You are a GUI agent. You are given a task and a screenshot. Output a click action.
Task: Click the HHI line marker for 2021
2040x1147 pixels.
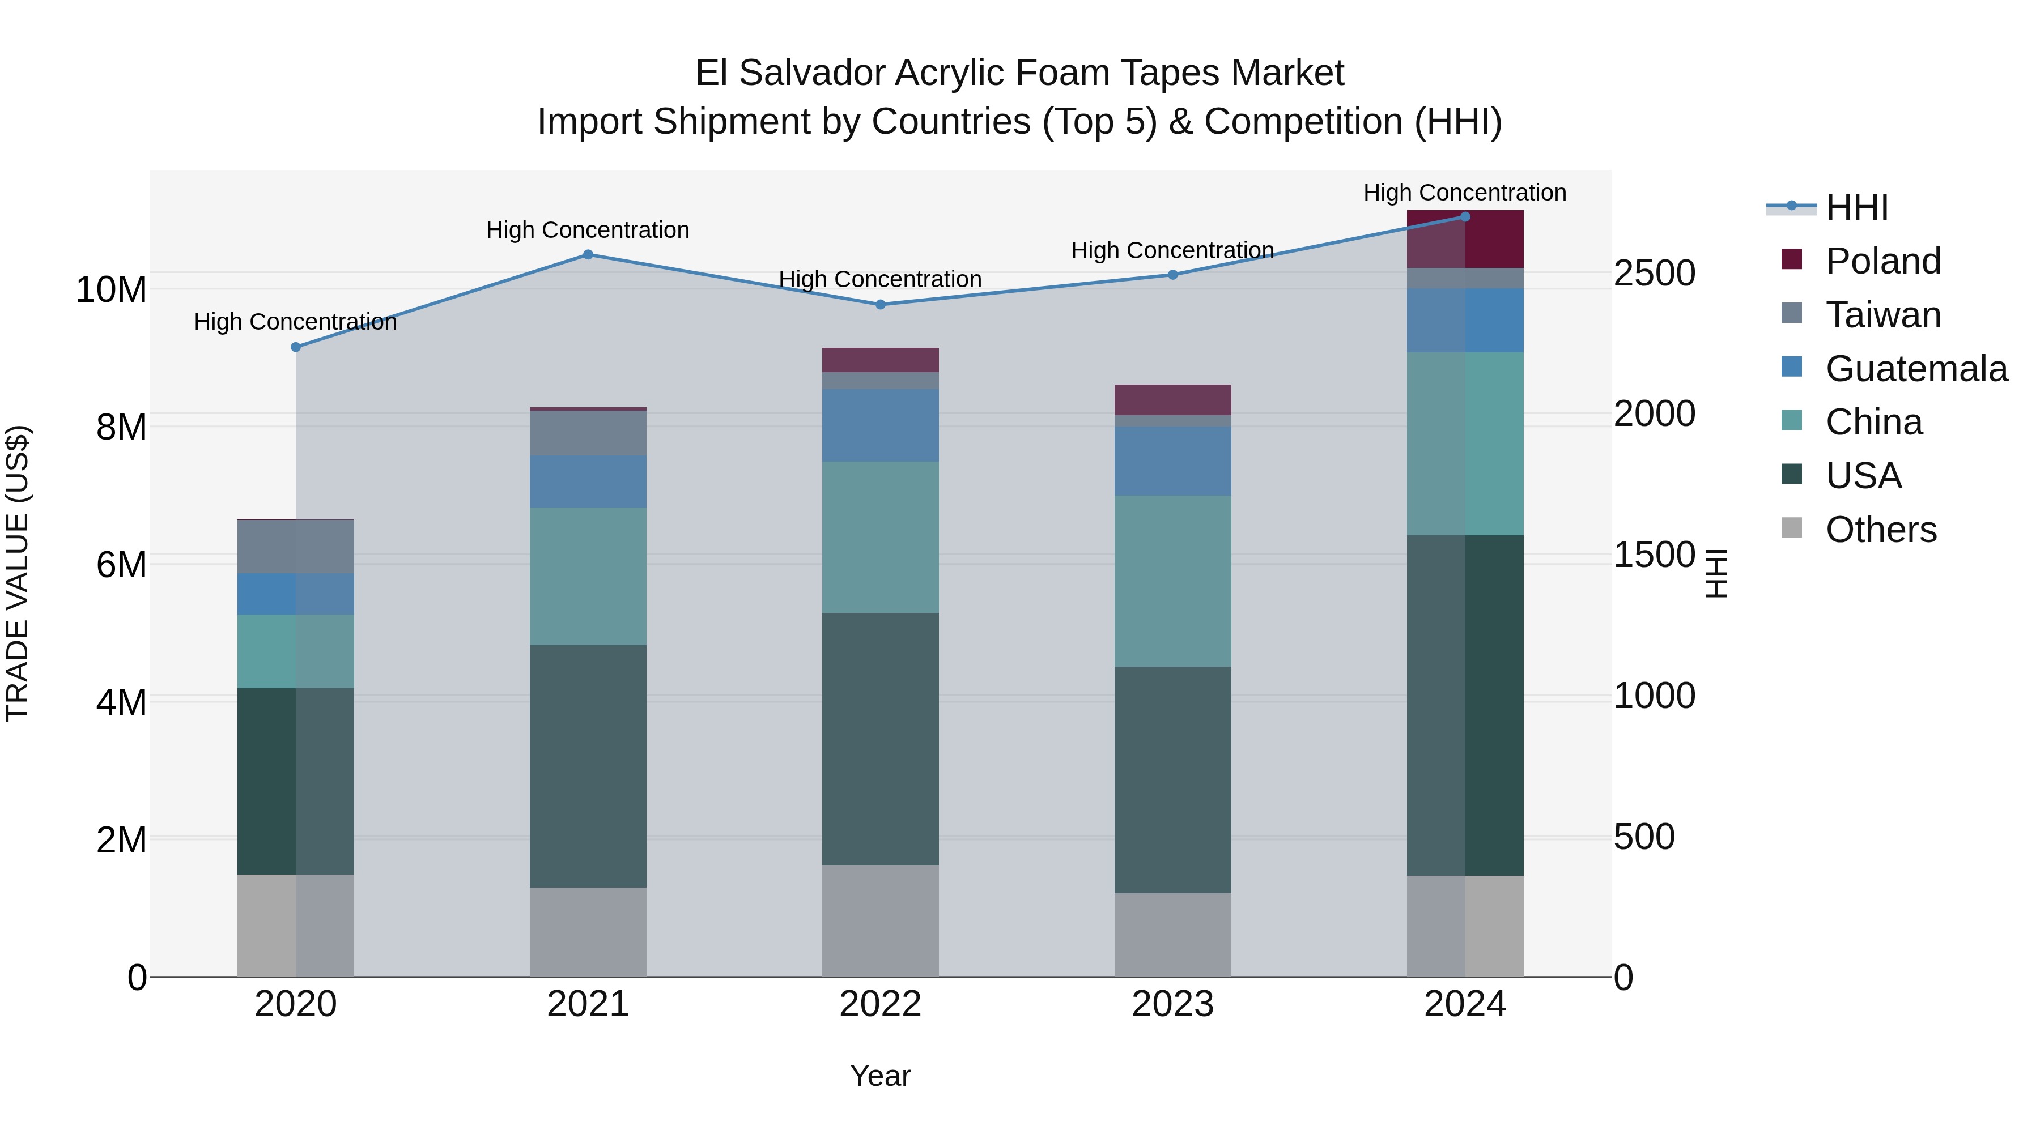[x=588, y=255]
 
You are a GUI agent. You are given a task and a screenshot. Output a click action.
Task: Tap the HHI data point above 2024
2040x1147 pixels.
[x=1464, y=217]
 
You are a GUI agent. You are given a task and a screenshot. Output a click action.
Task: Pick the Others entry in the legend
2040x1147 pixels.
[x=1880, y=530]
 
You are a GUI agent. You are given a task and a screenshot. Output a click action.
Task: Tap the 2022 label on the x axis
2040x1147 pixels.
[x=880, y=1004]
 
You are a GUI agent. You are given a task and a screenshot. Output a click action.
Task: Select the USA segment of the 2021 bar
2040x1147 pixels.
[x=588, y=766]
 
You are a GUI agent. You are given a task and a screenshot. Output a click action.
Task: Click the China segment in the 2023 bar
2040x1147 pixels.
[x=1172, y=581]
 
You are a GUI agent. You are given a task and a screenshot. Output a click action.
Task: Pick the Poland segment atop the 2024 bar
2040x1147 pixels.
[x=1464, y=240]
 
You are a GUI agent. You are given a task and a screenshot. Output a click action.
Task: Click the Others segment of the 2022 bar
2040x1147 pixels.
[x=880, y=920]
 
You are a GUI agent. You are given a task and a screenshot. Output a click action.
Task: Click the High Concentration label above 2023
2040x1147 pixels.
[x=1172, y=251]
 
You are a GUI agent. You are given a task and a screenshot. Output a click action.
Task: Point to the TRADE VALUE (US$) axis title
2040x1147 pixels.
[x=18, y=573]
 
